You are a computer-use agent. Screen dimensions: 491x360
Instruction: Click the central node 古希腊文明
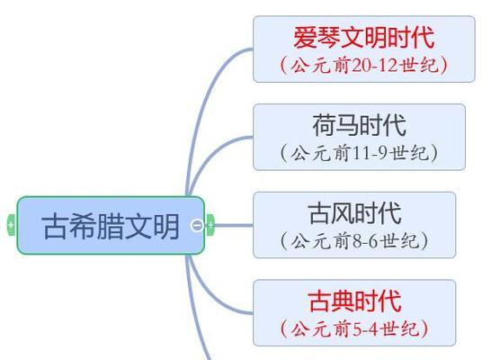point(111,225)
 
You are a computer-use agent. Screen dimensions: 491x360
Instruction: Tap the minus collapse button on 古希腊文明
point(197,225)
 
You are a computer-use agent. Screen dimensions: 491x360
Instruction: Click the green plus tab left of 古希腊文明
point(11,225)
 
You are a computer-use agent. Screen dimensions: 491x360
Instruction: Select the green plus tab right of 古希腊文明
point(210,225)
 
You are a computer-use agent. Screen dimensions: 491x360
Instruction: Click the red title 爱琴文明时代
point(364,37)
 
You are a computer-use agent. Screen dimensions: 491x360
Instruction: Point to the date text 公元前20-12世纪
point(364,65)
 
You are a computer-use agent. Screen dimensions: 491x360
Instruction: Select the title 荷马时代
point(360,125)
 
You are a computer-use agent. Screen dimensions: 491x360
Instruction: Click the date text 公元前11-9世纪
point(359,153)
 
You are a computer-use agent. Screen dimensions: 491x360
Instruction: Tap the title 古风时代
point(354,213)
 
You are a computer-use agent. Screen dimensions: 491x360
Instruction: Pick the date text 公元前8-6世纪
point(354,241)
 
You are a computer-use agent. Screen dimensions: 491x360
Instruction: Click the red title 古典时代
point(354,301)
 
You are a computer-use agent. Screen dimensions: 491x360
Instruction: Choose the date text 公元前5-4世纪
point(354,328)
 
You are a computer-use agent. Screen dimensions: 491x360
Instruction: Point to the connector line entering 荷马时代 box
point(210,154)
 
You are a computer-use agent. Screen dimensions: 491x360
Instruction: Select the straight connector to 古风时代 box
point(234,225)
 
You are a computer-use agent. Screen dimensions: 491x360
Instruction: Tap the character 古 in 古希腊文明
point(54,226)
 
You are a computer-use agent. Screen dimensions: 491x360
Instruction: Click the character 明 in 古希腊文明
point(166,226)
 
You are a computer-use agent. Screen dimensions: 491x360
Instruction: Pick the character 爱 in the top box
point(305,37)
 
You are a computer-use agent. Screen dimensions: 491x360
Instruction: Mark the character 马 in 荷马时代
point(348,125)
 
